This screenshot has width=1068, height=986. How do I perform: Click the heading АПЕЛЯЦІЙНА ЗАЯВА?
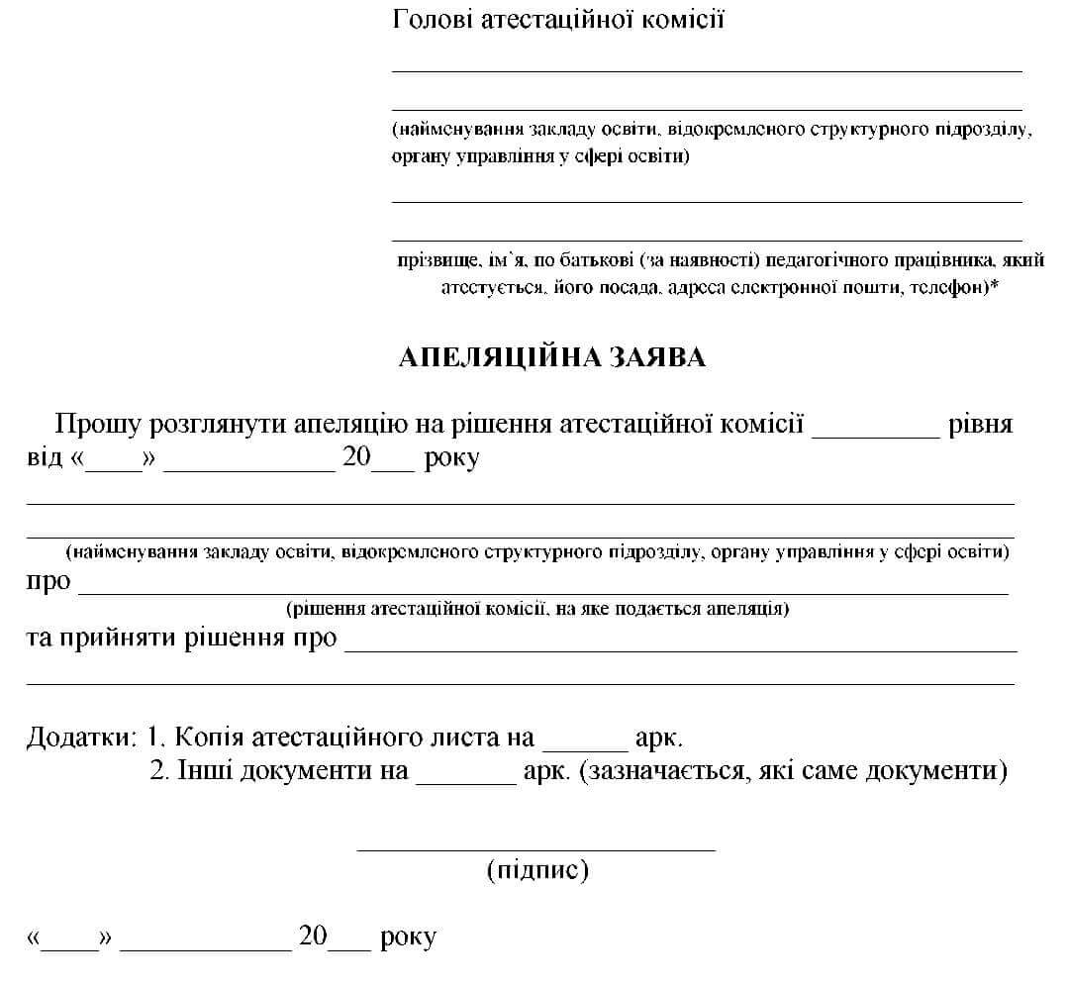(551, 358)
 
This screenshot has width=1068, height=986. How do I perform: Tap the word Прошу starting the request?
(98, 425)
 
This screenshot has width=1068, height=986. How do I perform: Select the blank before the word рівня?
(875, 433)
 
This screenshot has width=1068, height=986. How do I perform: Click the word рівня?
(980, 426)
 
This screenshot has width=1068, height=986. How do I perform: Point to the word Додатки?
(80, 738)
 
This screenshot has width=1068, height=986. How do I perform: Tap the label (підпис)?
(537, 870)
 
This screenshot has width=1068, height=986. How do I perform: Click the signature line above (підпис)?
(535, 848)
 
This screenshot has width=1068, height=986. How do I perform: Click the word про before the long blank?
(49, 581)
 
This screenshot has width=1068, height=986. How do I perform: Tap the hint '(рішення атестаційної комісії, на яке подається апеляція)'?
(536, 609)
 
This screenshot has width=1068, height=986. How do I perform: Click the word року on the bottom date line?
(407, 937)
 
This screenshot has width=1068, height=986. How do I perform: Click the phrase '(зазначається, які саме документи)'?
(795, 771)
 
